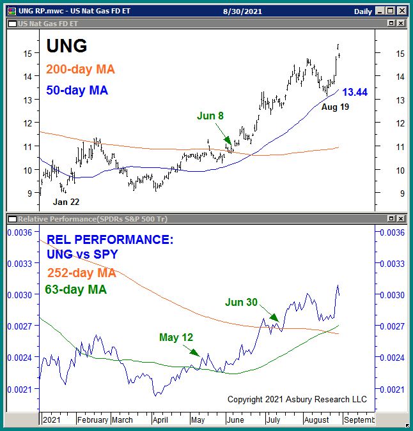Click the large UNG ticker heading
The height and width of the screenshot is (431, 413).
point(66,45)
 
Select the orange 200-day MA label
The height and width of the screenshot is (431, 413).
point(81,70)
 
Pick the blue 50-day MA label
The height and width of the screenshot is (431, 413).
point(77,90)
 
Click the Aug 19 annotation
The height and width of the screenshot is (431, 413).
point(336,109)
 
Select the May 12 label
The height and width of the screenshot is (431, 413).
point(176,337)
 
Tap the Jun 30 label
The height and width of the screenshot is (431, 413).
point(242,302)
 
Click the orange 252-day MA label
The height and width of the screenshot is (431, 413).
point(81,273)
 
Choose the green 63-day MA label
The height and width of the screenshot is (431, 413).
point(75,289)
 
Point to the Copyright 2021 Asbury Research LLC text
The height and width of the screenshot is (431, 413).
point(297,399)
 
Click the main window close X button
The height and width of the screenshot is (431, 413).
point(401,11)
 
